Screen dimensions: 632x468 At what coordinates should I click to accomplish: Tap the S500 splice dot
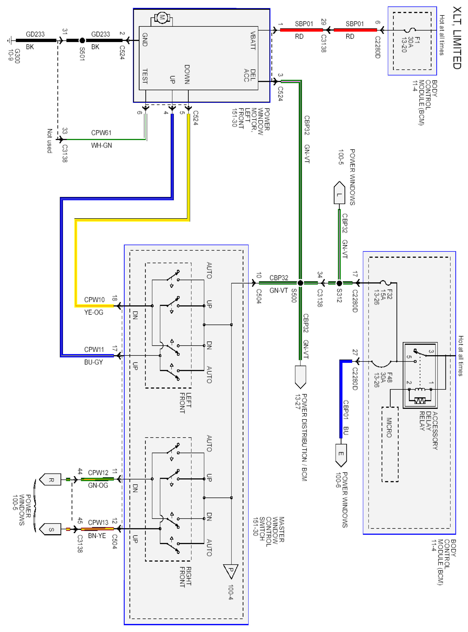tap(300, 283)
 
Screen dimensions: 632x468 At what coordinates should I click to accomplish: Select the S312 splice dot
tap(339, 283)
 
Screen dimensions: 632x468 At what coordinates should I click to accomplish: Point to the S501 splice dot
tap(82, 40)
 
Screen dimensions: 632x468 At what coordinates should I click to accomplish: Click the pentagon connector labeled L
tap(339, 194)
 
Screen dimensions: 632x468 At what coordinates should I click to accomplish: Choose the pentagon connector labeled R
tap(51, 479)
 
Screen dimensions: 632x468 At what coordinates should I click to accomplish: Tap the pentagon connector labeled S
tap(51, 529)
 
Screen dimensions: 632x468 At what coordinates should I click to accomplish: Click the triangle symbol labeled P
tap(231, 571)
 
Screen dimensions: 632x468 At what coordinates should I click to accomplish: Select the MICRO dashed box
tap(390, 444)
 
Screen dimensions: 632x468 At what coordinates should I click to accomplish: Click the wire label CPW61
tap(101, 133)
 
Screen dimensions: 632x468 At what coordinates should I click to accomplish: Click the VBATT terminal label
tap(253, 40)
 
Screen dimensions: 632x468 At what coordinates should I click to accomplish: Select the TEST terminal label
tap(145, 76)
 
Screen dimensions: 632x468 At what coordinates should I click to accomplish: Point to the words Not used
tap(50, 141)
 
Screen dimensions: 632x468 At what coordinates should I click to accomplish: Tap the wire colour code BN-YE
tap(97, 536)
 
